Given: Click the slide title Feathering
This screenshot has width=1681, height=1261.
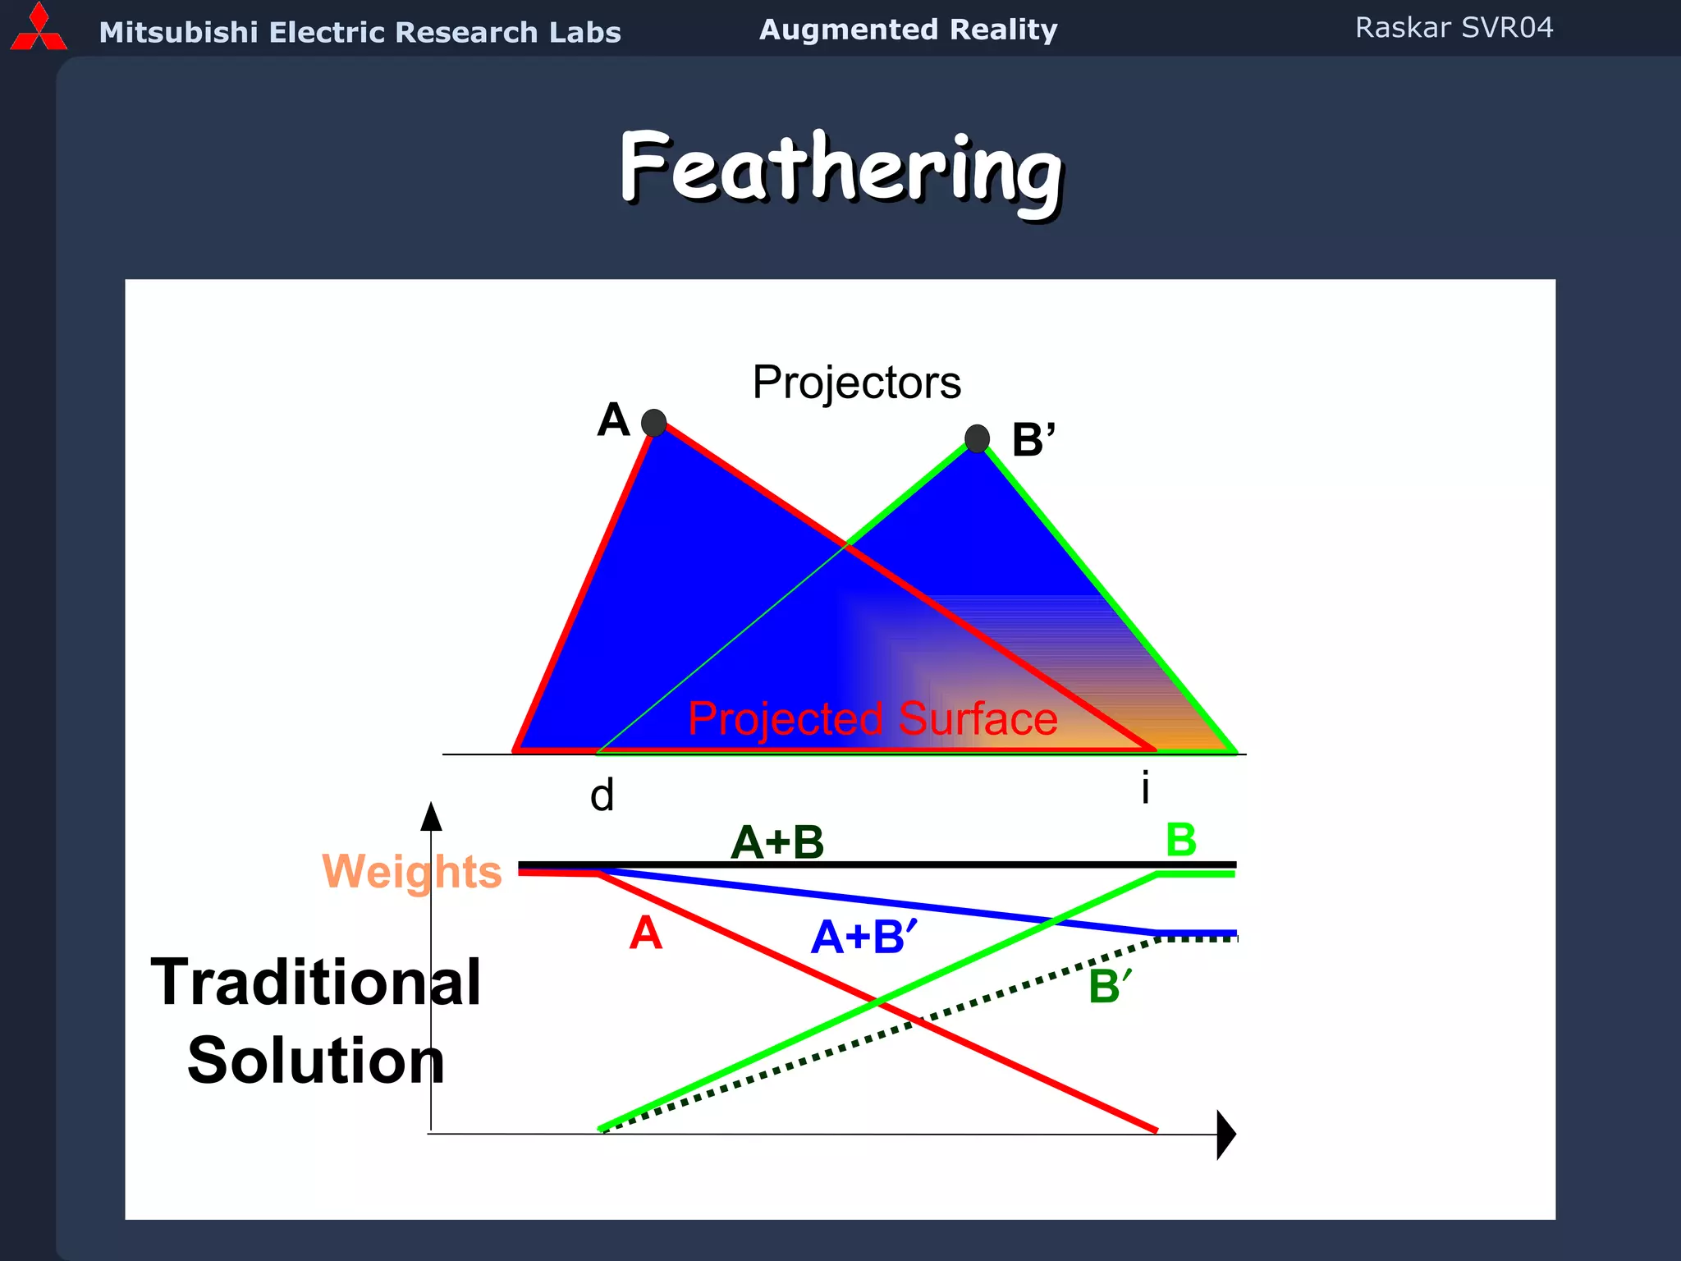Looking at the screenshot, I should (x=840, y=171).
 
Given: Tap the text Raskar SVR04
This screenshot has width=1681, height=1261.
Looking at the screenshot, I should (x=1454, y=28).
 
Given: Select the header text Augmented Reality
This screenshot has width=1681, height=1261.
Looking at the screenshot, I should (x=908, y=30).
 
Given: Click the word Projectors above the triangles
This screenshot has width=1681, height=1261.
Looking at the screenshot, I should (x=856, y=383).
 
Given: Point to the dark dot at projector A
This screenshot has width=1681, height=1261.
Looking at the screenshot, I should (x=653, y=423).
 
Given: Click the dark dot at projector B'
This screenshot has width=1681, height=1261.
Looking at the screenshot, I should (x=977, y=438).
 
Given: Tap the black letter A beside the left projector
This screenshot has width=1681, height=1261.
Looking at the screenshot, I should (x=613, y=420).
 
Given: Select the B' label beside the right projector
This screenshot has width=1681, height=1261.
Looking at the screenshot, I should (x=1033, y=440).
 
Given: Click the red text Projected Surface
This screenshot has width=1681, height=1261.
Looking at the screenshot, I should (x=872, y=719).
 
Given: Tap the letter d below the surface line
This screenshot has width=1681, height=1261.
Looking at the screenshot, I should (x=602, y=796).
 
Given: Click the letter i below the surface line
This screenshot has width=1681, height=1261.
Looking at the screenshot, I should (x=1145, y=787).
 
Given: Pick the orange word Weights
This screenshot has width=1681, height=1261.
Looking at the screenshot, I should (x=411, y=871).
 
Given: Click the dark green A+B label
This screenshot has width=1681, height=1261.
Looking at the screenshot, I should (x=776, y=842).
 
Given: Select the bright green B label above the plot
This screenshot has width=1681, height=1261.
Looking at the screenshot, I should (x=1180, y=840).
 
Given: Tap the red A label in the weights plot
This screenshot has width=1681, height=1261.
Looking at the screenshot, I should (x=645, y=933).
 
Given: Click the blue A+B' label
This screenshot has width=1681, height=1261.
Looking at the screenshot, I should (x=863, y=937).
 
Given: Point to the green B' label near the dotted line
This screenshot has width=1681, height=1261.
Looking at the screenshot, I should (x=1109, y=986).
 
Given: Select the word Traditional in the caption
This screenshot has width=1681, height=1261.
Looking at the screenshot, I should (x=316, y=983).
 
